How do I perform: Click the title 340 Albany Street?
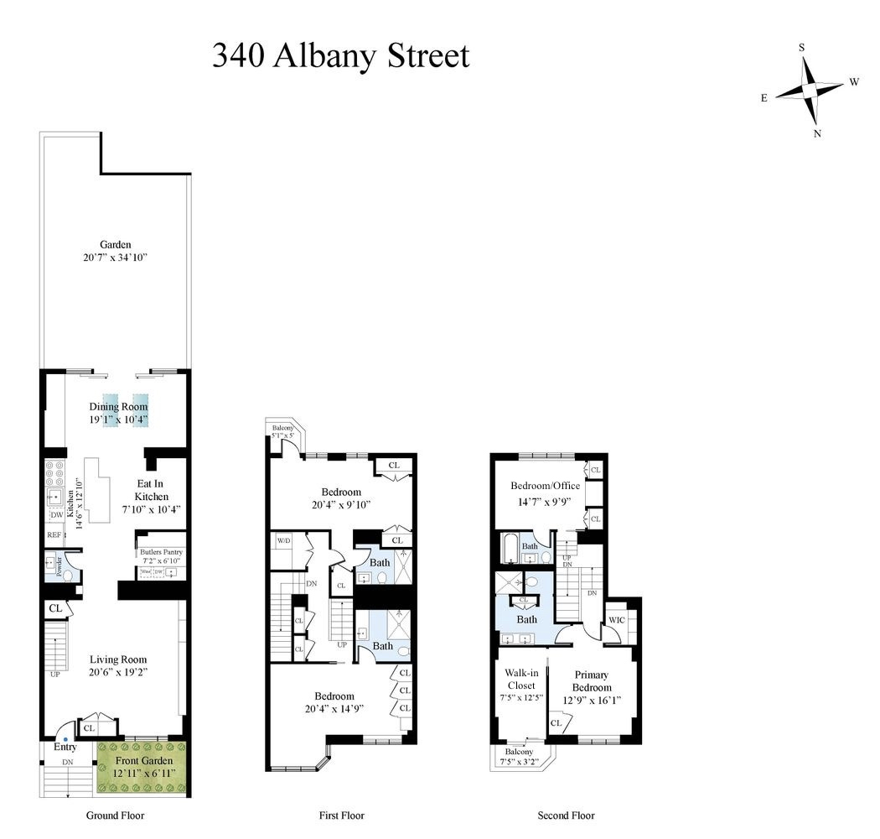coord(340,56)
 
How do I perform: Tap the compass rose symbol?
coord(810,89)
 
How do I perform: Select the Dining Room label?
coord(124,407)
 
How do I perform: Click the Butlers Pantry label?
coord(161,551)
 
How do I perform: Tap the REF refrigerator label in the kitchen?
coord(54,534)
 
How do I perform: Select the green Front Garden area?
coord(141,768)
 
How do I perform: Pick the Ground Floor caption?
coord(115,816)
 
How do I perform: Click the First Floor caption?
coord(341,816)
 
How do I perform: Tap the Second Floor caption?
coord(566,816)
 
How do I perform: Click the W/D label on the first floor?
coord(282,541)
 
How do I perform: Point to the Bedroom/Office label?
coord(545,486)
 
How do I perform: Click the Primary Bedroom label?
coord(590,681)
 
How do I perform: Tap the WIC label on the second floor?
coord(617,620)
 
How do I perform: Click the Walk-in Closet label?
coord(520,678)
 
